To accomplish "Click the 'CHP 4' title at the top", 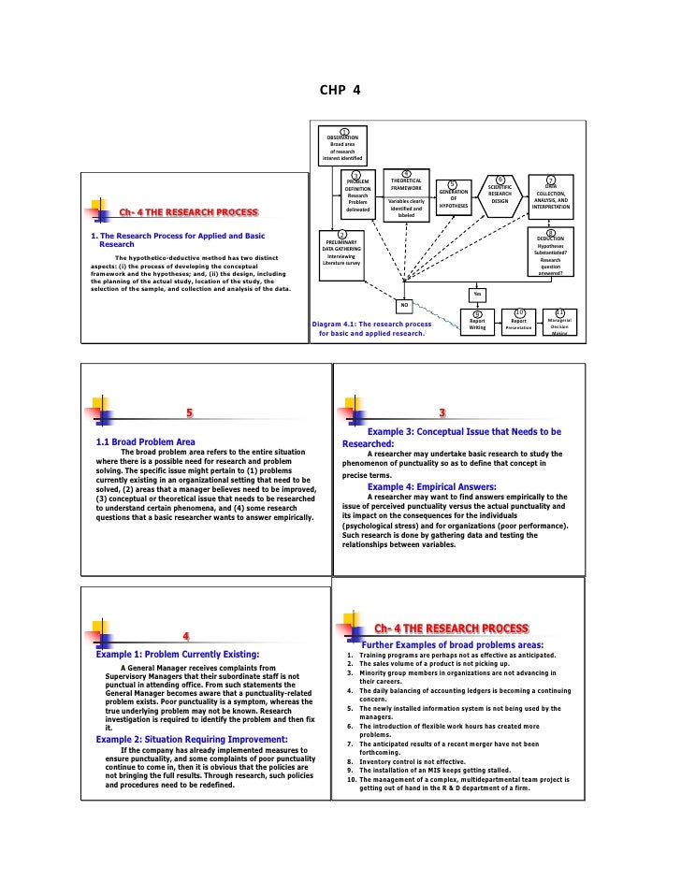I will click(340, 91).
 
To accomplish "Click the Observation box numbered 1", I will click(342, 148).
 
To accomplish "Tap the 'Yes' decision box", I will click(477, 294).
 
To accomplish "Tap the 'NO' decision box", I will click(405, 305).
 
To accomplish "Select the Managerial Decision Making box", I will click(559, 324).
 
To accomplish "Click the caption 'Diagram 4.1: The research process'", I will click(371, 324).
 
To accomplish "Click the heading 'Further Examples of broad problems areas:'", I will click(452, 644).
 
